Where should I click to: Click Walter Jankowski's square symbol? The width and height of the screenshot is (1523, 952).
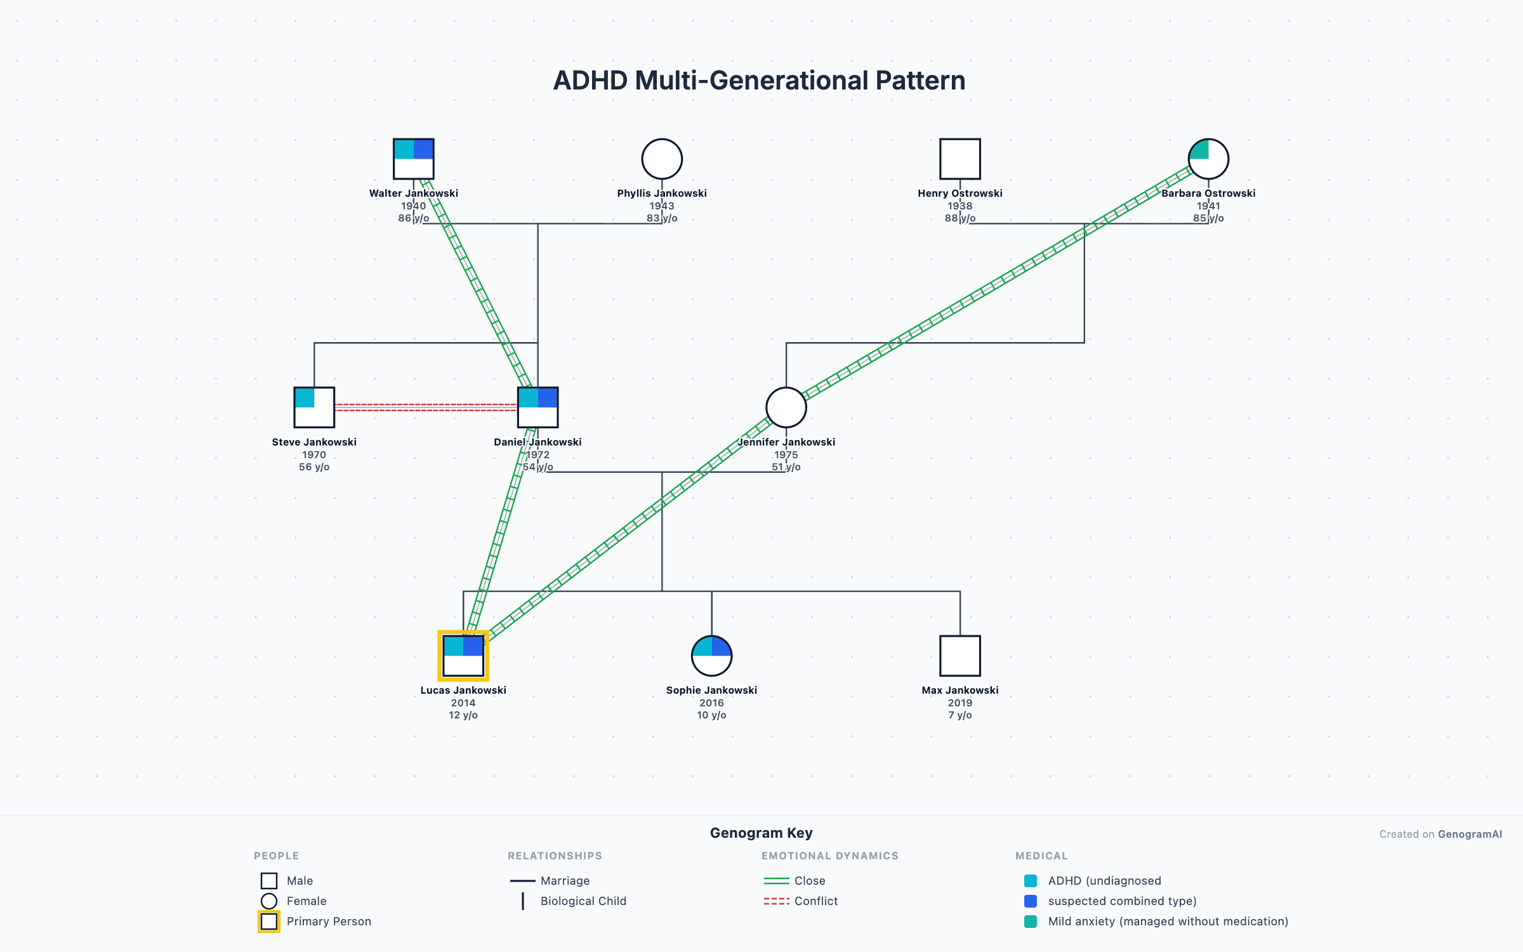pyautogui.click(x=413, y=159)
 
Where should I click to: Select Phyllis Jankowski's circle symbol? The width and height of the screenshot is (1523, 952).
pyautogui.click(x=662, y=159)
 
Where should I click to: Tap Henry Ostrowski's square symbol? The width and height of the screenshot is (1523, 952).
pyautogui.click(x=959, y=159)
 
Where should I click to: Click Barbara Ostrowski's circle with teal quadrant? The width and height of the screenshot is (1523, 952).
pyautogui.click(x=1208, y=159)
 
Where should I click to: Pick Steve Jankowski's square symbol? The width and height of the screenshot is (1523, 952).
pyautogui.click(x=314, y=407)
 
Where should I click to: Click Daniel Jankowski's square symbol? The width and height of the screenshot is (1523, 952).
pyautogui.click(x=537, y=407)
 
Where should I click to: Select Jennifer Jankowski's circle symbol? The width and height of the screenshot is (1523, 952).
pyautogui.click(x=786, y=407)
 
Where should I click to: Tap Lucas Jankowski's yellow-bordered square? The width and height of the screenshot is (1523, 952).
pyautogui.click(x=463, y=656)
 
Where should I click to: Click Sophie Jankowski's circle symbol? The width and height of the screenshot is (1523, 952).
pyautogui.click(x=711, y=656)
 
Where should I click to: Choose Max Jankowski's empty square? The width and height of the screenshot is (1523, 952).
pyautogui.click(x=959, y=656)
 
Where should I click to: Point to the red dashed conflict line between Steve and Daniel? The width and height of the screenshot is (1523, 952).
pyautogui.click(x=425, y=407)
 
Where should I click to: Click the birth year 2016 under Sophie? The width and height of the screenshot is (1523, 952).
pyautogui.click(x=711, y=703)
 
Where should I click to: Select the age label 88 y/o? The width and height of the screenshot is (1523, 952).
pyautogui.click(x=959, y=218)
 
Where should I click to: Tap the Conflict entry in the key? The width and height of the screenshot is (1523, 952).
pyautogui.click(x=815, y=901)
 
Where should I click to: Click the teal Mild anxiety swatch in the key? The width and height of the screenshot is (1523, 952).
pyautogui.click(x=1031, y=922)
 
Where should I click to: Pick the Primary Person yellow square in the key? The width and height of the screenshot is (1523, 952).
pyautogui.click(x=269, y=922)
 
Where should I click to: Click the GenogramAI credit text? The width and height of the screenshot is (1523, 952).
pyautogui.click(x=1470, y=834)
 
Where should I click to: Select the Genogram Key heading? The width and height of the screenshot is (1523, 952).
pyautogui.click(x=761, y=833)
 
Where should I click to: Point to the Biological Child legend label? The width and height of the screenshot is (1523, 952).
pyautogui.click(x=583, y=901)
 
